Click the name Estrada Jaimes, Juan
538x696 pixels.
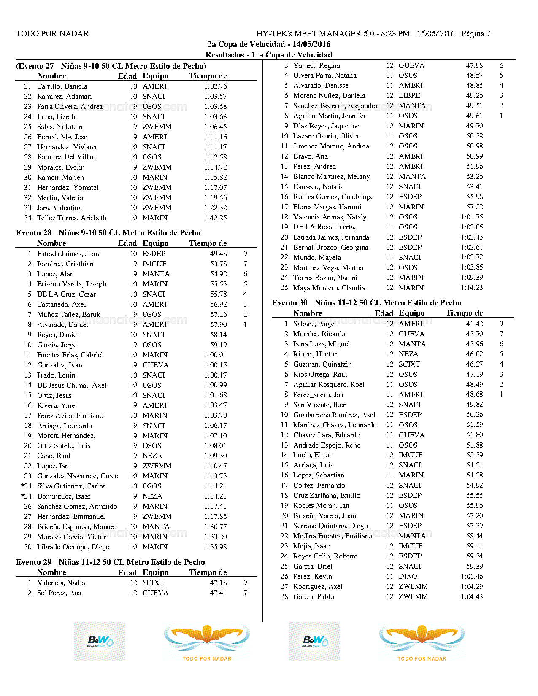click(68, 254)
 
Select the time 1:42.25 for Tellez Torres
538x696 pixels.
click(215, 218)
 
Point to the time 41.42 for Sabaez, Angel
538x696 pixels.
click(474, 324)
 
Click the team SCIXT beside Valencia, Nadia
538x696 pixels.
click(153, 583)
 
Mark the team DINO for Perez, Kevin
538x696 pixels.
click(408, 577)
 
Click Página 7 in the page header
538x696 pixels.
click(476, 34)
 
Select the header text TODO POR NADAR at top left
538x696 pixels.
click(52, 34)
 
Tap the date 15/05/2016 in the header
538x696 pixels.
click(435, 34)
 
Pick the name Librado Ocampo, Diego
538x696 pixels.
click(73, 547)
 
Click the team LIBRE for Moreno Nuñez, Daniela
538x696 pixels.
click(409, 96)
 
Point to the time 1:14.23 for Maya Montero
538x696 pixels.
click(472, 288)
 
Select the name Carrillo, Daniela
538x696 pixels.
click(62, 86)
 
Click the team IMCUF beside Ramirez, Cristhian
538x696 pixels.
click(154, 264)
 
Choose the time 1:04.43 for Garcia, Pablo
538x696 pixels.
click(472, 597)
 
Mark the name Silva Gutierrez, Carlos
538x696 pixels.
click(71, 486)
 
